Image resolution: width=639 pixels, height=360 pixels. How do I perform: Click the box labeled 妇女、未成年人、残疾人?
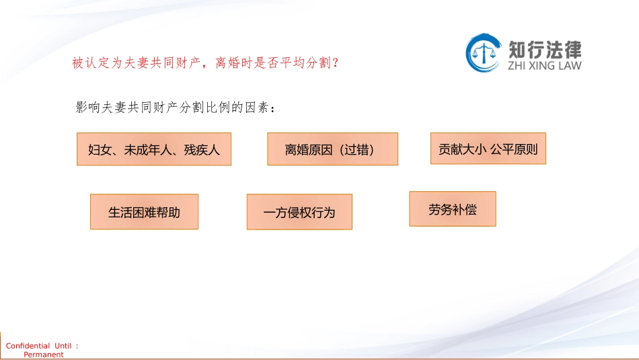pyautogui.click(x=154, y=149)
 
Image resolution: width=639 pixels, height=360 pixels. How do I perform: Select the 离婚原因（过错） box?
pyautogui.click(x=332, y=149)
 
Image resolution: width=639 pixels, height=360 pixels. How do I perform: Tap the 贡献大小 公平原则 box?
pyautogui.click(x=488, y=149)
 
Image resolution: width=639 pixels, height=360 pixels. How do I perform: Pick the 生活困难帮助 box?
pyautogui.click(x=144, y=211)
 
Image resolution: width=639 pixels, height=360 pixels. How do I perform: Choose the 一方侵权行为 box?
pyautogui.click(x=299, y=212)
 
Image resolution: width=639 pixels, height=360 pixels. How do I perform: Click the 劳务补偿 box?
pyautogui.click(x=453, y=209)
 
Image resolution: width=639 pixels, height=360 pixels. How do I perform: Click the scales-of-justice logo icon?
pyautogui.click(x=484, y=53)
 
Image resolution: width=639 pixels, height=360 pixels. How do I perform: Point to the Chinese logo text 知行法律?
pyautogui.click(x=545, y=50)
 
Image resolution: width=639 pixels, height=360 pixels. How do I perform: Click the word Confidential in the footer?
pyautogui.click(x=28, y=346)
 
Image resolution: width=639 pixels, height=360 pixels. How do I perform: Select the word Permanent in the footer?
pyautogui.click(x=44, y=355)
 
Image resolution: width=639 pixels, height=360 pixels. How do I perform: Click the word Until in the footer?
pyautogui.click(x=63, y=346)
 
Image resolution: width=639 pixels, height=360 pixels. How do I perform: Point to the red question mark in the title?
pyautogui.click(x=336, y=63)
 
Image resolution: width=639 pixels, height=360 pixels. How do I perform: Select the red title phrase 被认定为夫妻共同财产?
pyautogui.click(x=136, y=63)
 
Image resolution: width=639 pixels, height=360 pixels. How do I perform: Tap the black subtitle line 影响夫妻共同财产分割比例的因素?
pyautogui.click(x=172, y=107)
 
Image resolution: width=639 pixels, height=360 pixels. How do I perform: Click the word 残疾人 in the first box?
pyautogui.click(x=202, y=150)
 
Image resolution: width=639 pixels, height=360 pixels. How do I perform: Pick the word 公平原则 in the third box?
pyautogui.click(x=515, y=149)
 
